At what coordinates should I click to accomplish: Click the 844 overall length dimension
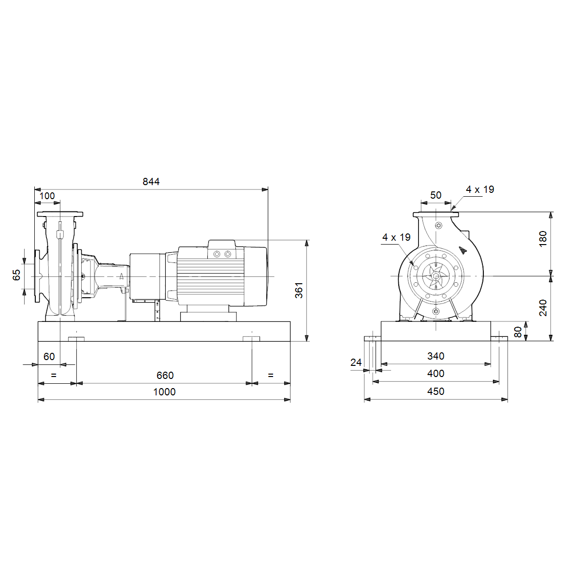coord(151,182)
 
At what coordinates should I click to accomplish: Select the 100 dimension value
coord(47,196)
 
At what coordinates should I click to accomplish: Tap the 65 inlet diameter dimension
coord(16,275)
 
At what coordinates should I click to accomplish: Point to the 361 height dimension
coord(299,290)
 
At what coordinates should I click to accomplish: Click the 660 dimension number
coord(165,376)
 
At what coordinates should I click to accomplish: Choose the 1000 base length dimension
coord(164,392)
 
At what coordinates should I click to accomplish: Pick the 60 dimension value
coord(49,356)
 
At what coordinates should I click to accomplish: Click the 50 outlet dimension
coord(435,195)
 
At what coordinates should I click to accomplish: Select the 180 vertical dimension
coord(543,239)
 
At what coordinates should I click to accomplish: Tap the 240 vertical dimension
coord(543,307)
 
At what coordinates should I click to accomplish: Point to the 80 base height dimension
coord(518,332)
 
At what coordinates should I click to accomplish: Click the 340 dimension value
coord(435,356)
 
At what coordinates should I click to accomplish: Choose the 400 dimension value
coord(435,374)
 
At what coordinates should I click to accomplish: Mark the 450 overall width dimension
coord(435,391)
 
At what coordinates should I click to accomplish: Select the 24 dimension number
coord(356,362)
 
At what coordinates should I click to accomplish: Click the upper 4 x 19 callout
coord(480,189)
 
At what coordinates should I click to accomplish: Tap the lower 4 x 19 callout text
coord(396,237)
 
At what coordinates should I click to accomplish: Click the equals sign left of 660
coord(54,376)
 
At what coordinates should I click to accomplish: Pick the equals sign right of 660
coord(271,376)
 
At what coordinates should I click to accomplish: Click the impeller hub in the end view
coord(435,275)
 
